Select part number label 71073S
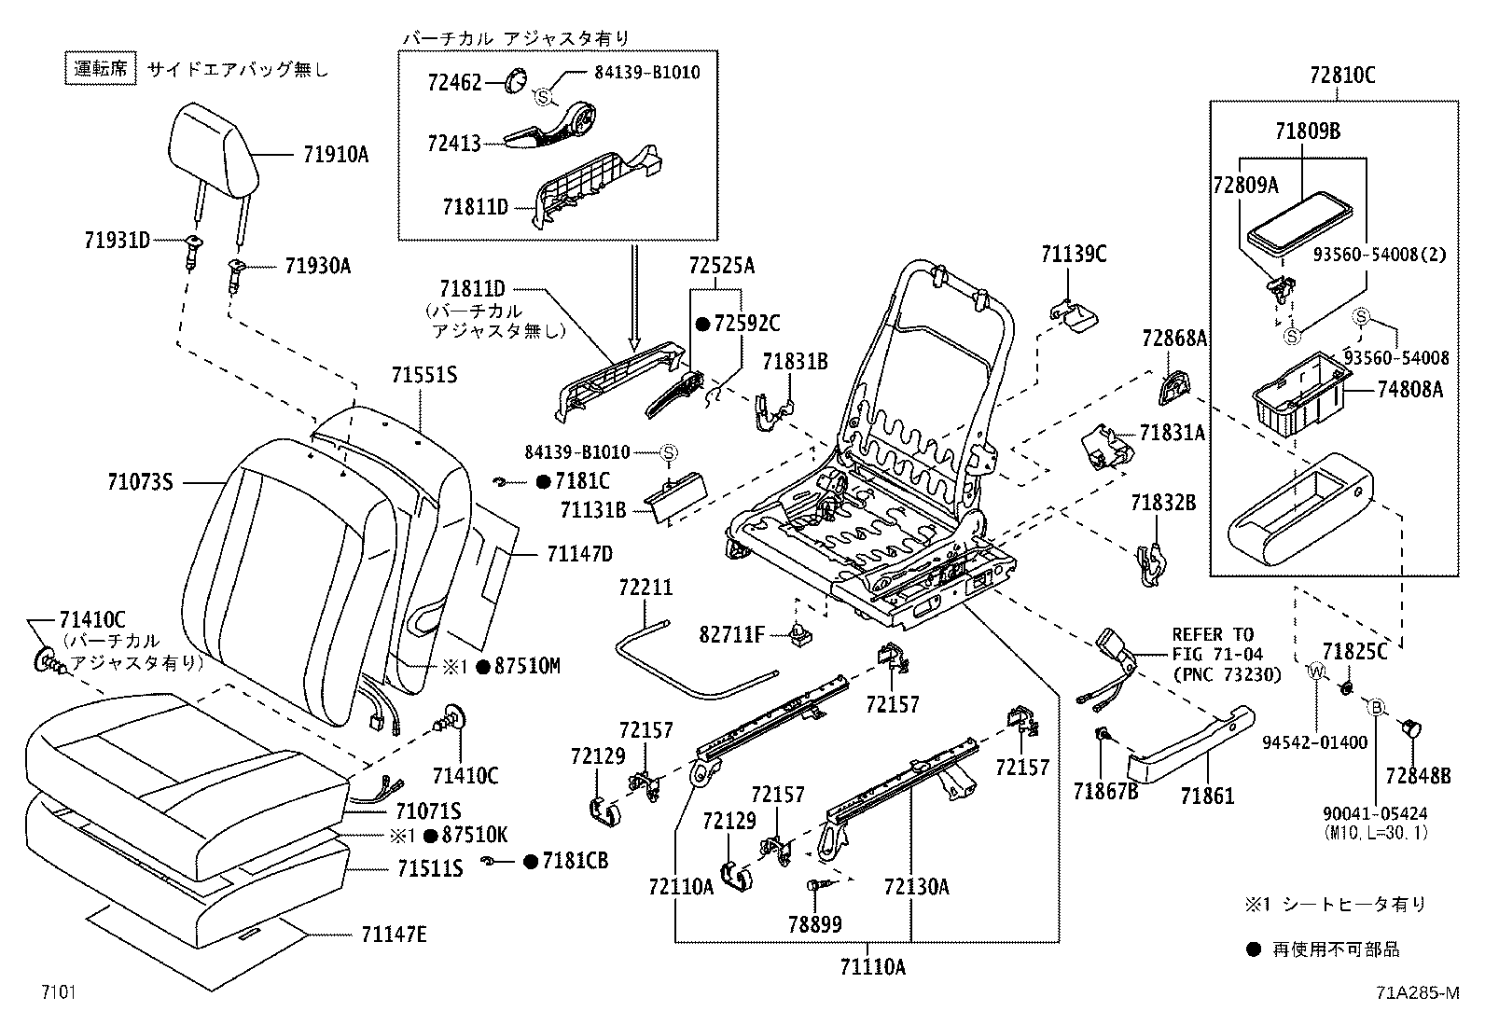pos(141,482)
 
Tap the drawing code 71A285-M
pos(1415,992)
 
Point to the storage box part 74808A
pos(1298,393)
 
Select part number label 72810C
pos(1335,76)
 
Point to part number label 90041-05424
pos(1375,814)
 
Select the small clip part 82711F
pos(799,635)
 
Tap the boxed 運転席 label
pos(102,68)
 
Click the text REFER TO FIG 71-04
pos(1213,644)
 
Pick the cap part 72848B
pos(1409,728)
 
